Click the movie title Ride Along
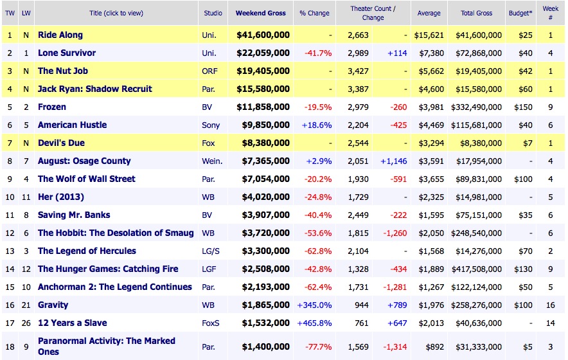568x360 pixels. click(x=60, y=35)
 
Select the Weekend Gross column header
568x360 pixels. click(x=261, y=13)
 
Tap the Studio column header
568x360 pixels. click(x=213, y=13)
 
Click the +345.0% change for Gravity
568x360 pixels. click(x=314, y=305)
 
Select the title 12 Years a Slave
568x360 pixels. click(x=73, y=323)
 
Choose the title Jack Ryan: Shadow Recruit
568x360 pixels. click(x=95, y=89)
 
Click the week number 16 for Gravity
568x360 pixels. click(x=551, y=305)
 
